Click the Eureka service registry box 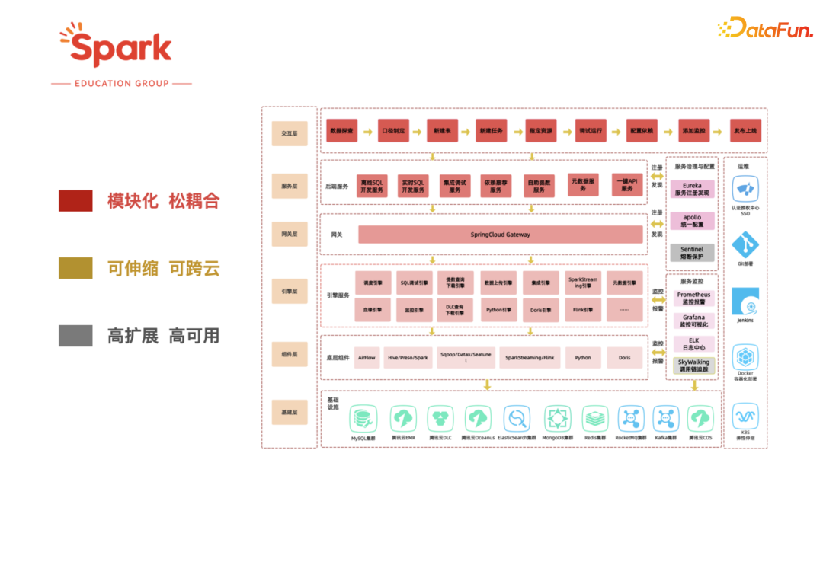point(692,189)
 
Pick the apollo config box point(692,221)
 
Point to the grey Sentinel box point(692,253)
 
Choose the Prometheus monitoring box point(693,298)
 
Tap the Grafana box point(693,321)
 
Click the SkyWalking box point(693,366)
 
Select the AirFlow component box point(367,357)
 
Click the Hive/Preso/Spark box point(408,357)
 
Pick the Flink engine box point(583,310)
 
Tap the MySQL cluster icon point(363,418)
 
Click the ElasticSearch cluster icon point(517,418)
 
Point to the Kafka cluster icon point(666,418)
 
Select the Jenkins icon point(745,301)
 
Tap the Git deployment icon point(745,245)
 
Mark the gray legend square point(75,335)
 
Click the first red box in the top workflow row point(341,131)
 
